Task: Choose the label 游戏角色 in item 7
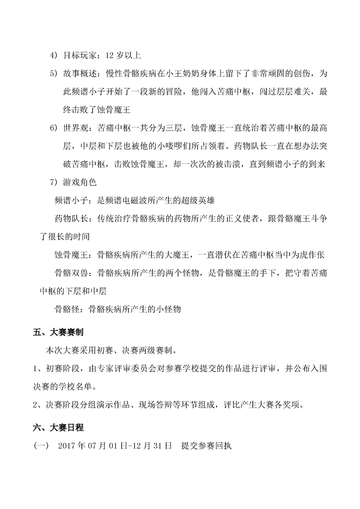coord(81,183)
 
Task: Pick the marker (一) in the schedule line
coord(41,445)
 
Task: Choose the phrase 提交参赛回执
coord(206,445)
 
